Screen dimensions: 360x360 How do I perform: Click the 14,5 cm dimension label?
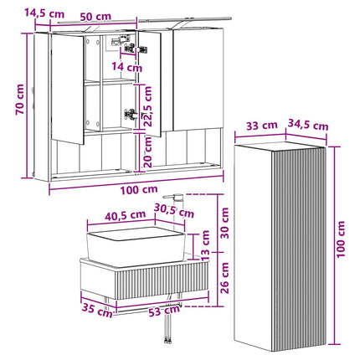click(x=44, y=13)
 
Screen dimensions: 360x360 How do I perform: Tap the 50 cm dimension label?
click(x=95, y=17)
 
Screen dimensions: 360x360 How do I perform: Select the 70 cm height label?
click(x=20, y=100)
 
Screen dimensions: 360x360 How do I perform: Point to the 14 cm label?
click(x=127, y=67)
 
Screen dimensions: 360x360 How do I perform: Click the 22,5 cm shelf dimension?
click(x=148, y=106)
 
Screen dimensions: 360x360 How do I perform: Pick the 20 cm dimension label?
click(x=148, y=152)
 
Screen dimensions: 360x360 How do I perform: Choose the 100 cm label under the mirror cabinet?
click(x=139, y=190)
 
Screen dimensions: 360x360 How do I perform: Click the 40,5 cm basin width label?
click(x=125, y=216)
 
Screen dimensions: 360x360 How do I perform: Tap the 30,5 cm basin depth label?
click(x=174, y=211)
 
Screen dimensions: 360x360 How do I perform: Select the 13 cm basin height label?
click(x=205, y=244)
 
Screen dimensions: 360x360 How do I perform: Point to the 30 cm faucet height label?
click(x=224, y=223)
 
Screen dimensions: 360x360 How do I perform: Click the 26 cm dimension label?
click(x=224, y=278)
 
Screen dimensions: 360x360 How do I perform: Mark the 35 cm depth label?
click(x=97, y=310)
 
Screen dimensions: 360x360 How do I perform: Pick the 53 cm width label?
click(x=164, y=311)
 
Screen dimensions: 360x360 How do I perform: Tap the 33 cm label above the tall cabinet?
click(x=262, y=126)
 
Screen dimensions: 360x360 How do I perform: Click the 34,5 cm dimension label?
click(x=307, y=125)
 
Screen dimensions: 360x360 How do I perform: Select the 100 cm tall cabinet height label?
click(x=341, y=239)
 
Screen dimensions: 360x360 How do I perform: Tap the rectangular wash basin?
click(x=136, y=246)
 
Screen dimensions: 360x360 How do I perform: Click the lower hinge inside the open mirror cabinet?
click(x=131, y=114)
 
